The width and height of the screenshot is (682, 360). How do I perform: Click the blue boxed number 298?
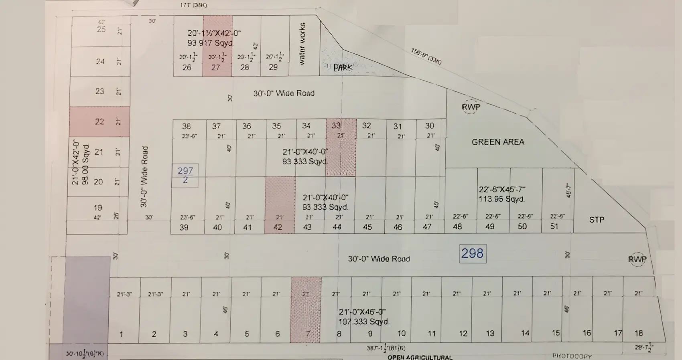[472, 254]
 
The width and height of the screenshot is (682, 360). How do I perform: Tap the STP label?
[597, 220]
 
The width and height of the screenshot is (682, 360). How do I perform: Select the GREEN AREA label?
[498, 142]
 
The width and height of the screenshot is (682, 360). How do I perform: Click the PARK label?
[343, 68]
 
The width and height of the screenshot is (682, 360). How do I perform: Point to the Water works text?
[302, 44]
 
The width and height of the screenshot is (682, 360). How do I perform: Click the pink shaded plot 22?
[99, 121]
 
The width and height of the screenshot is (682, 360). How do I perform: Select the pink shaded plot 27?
[217, 46]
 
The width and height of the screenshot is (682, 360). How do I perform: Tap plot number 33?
[336, 125]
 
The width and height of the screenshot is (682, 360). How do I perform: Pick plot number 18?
[639, 333]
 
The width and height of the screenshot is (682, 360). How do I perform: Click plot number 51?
[554, 226]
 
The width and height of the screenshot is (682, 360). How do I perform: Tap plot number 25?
[101, 29]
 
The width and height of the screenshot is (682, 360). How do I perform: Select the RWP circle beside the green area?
[471, 107]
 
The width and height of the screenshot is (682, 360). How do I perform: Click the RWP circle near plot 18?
[637, 259]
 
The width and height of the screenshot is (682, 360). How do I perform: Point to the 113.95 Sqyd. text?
[501, 199]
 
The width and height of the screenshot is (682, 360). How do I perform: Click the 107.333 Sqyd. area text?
[363, 322]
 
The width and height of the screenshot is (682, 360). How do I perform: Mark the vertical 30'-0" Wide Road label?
[144, 176]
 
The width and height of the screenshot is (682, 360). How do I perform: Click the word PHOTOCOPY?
[572, 356]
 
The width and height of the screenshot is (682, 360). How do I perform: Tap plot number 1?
[121, 334]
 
